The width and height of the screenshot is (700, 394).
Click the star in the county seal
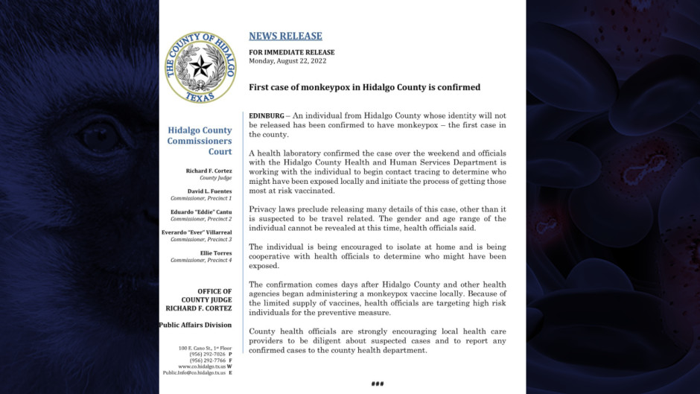[200, 67]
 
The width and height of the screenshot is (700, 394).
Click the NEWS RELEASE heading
[285, 36]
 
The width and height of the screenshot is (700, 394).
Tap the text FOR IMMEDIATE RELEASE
[291, 52]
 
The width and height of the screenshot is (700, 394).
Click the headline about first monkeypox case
[364, 87]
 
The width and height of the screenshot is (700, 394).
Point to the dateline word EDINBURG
[266, 116]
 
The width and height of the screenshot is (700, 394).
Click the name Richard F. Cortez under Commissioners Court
[209, 171]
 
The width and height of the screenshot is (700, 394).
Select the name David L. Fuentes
[211, 191]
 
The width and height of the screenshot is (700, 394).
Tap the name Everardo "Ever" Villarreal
[197, 232]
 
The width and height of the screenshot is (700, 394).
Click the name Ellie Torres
[214, 253]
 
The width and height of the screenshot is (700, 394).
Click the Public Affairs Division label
[195, 325]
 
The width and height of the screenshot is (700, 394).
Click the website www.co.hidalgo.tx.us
[200, 366]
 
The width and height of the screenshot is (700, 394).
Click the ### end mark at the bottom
[377, 384]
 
